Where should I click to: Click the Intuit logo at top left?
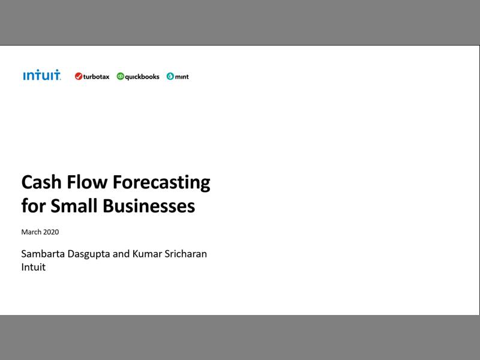coord(41,76)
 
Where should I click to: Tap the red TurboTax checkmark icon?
coord(79,76)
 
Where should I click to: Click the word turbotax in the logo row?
coord(96,77)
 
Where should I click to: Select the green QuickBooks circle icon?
coord(120,76)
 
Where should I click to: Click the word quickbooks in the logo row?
coord(142,77)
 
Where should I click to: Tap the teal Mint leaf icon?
coord(170,76)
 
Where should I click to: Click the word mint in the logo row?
coord(182,77)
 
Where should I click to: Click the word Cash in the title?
coord(41,182)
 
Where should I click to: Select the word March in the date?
coord(31,232)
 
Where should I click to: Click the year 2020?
coord(51,232)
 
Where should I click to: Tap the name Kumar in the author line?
coord(145,254)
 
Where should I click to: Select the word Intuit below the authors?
coord(33,268)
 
